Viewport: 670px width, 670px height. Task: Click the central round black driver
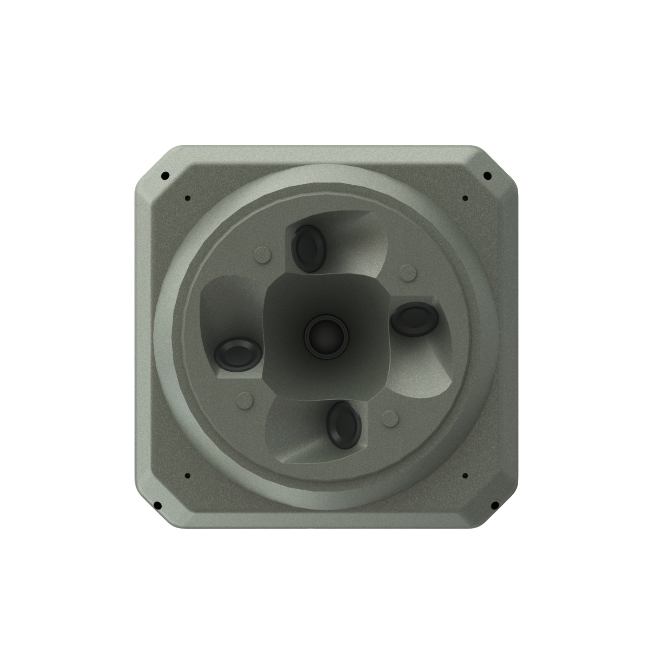pos(326,337)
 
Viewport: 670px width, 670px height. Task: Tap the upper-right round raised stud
pos(407,273)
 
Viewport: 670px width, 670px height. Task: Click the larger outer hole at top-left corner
pos(166,175)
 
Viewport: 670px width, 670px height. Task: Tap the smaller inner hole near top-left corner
pos(187,198)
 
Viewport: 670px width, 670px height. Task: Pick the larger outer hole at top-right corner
pos(487,175)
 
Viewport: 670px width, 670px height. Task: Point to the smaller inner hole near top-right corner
pos(465,198)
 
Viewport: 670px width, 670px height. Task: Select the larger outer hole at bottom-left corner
pos(157,505)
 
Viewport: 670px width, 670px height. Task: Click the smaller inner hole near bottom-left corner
pos(187,476)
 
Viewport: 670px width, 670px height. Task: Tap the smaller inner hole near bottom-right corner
pos(465,476)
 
